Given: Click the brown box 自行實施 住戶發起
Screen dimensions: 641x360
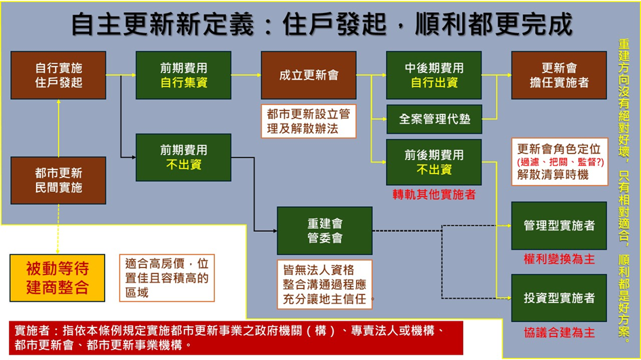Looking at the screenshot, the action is click(58, 75).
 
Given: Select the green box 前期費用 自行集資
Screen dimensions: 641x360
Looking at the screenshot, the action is click(184, 75).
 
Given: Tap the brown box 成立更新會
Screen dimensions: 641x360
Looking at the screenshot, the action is click(309, 75).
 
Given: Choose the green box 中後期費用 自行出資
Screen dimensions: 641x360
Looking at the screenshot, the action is click(433, 75).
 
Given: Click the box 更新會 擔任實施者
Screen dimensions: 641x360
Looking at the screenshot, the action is click(559, 75).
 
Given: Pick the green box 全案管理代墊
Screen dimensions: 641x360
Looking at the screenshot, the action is click(434, 119).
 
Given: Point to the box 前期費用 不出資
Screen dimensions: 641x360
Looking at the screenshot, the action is click(184, 157).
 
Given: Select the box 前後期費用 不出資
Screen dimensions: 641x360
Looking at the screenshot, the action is click(433, 162).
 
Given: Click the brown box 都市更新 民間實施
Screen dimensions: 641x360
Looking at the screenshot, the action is click(58, 180).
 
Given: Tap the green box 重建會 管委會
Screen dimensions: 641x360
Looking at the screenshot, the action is click(325, 231).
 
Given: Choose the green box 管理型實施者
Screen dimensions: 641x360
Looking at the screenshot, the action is click(559, 226).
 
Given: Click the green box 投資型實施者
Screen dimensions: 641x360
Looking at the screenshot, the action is click(559, 298).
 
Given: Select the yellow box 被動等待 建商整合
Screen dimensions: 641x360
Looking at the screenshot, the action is click(57, 278).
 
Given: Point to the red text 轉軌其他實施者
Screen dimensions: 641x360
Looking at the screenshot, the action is click(434, 195).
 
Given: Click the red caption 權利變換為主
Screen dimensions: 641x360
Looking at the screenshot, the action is click(559, 259).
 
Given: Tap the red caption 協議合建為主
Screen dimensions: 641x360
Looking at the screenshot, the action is click(559, 333).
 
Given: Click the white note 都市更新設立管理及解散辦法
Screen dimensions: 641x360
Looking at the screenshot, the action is click(309, 121).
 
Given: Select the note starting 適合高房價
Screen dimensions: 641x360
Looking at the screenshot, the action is click(167, 278).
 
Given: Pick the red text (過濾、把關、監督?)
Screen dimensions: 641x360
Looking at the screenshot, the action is click(560, 162).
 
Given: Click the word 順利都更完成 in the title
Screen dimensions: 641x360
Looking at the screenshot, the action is click(494, 24).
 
